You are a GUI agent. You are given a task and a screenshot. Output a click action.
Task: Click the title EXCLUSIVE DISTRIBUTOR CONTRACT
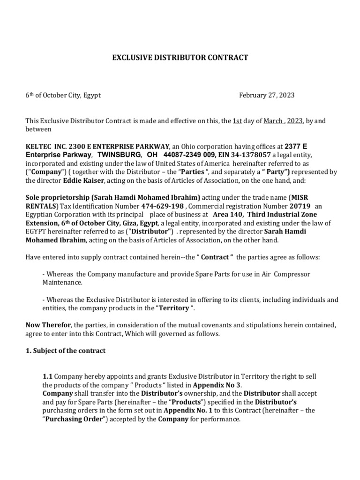[x=180, y=58]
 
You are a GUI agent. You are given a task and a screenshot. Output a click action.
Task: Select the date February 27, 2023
[x=267, y=95]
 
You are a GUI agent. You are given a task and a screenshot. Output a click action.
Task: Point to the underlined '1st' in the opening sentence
[x=237, y=121]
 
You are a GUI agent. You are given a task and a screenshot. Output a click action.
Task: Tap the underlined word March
[x=273, y=121]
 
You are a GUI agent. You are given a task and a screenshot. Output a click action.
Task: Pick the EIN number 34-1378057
[x=251, y=155]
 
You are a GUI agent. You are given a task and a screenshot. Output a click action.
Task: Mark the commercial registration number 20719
[x=300, y=206]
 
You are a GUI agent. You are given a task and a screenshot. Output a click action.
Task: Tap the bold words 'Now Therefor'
[x=48, y=325]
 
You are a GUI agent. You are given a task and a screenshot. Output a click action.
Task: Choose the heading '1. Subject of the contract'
[x=65, y=351]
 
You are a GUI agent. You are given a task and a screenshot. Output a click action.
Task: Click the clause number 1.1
[x=47, y=376]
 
